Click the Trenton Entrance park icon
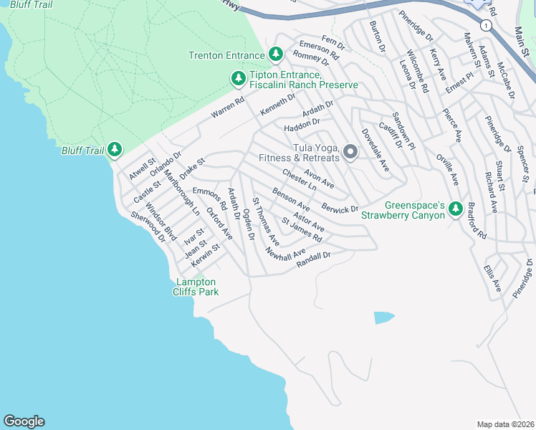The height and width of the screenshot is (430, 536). (276, 54)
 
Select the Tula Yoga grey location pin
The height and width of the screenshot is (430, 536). (350, 151)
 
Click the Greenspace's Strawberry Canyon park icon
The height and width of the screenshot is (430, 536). (455, 209)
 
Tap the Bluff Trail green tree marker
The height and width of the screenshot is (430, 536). (115, 150)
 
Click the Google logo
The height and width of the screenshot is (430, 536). (24, 421)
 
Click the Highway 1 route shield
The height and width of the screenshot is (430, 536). (487, 25)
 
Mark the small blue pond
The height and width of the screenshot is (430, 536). (384, 317)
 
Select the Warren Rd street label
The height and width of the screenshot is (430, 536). (227, 108)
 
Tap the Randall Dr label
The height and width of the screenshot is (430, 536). (313, 258)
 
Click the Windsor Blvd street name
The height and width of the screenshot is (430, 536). (161, 215)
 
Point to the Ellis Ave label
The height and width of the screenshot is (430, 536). (492, 279)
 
